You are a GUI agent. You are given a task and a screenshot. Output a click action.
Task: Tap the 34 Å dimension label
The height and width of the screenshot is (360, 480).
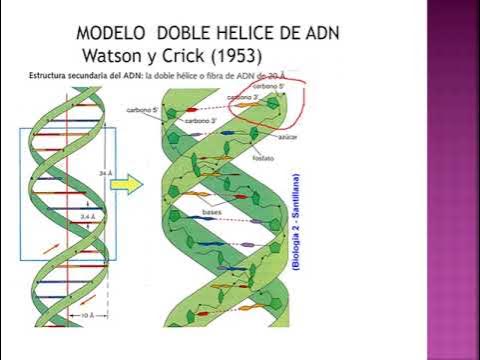coord(105,173)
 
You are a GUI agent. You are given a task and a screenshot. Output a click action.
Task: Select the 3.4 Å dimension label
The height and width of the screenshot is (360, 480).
coord(89,214)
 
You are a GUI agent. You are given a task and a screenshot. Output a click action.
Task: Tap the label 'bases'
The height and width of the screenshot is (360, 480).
coord(211,212)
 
